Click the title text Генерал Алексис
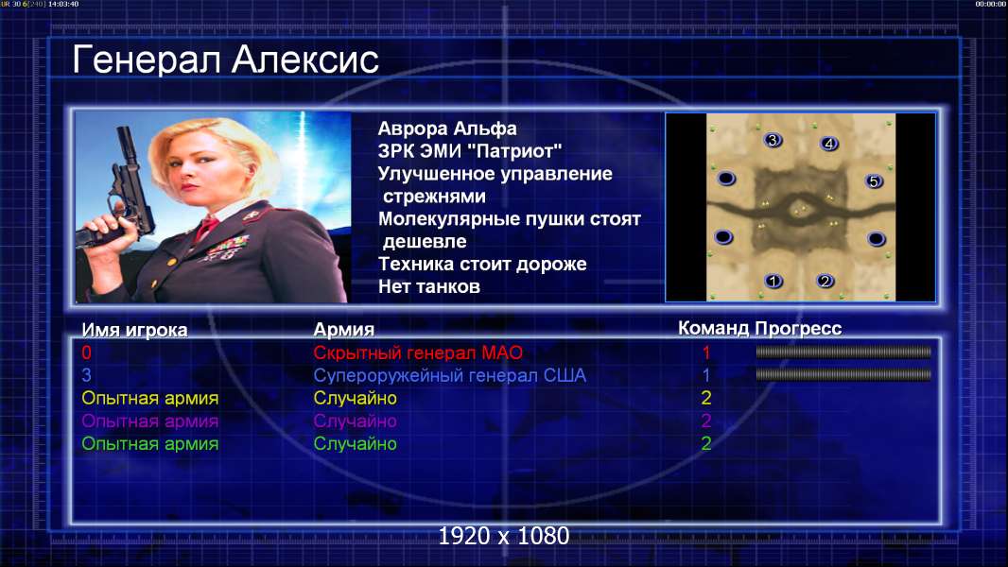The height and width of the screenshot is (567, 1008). pyautogui.click(x=225, y=60)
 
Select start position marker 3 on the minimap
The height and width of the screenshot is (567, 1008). pyautogui.click(x=773, y=140)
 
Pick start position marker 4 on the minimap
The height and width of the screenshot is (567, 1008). pyautogui.click(x=829, y=144)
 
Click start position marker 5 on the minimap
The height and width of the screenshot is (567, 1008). pyautogui.click(x=874, y=181)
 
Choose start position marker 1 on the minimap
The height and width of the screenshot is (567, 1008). pyautogui.click(x=773, y=281)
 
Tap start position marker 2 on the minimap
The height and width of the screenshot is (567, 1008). pyautogui.click(x=825, y=281)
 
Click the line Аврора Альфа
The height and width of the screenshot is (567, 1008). pyautogui.click(x=447, y=129)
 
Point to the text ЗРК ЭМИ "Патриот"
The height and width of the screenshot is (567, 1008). pyautogui.click(x=470, y=151)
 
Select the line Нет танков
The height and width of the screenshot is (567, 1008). pyautogui.click(x=429, y=286)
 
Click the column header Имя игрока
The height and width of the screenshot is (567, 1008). pyautogui.click(x=134, y=330)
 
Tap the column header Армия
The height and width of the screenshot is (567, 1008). pyautogui.click(x=344, y=330)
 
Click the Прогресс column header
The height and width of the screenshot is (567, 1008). pyautogui.click(x=798, y=329)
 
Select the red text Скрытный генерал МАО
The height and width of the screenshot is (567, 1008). pyautogui.click(x=418, y=352)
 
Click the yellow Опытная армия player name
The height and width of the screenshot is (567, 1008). pyautogui.click(x=150, y=398)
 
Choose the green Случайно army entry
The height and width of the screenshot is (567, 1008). pyautogui.click(x=355, y=444)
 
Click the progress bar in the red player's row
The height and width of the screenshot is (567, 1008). pyautogui.click(x=843, y=352)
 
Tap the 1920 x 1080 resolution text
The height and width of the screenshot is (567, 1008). pyautogui.click(x=504, y=536)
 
